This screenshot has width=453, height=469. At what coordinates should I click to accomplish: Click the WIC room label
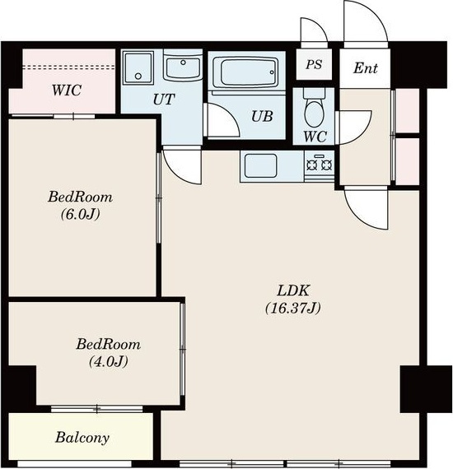(66, 90)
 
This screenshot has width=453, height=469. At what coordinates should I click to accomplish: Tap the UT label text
(164, 99)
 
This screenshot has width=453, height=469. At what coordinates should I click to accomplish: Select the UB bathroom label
(262, 116)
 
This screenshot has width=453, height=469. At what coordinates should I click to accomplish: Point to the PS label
(314, 64)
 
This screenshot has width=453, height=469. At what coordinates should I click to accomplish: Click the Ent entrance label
(365, 68)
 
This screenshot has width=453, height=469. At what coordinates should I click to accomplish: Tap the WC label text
(315, 137)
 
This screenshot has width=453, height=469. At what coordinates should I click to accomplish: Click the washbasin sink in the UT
(183, 67)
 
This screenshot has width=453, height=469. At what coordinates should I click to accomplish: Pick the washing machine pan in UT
(138, 68)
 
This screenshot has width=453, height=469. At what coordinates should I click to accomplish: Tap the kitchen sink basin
(260, 165)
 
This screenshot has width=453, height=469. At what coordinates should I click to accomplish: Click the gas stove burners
(320, 165)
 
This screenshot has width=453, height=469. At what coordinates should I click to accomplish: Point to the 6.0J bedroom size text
(80, 214)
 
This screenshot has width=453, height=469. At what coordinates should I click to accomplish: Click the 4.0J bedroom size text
(109, 361)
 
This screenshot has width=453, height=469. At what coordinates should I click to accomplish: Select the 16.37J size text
(293, 308)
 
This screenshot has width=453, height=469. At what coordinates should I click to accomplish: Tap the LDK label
(292, 290)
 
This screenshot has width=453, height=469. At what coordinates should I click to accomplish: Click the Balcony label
(82, 438)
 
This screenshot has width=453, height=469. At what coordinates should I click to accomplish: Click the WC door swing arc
(362, 133)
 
